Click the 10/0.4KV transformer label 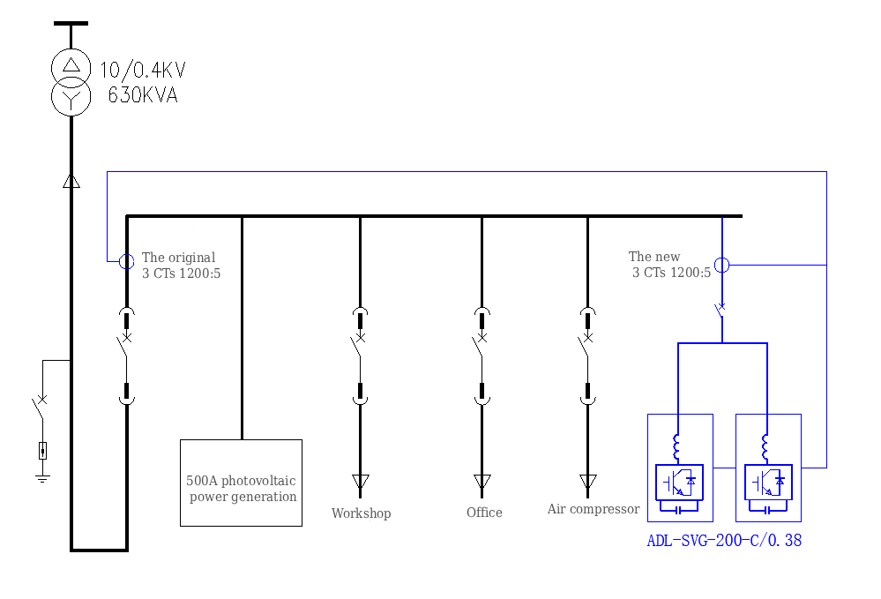coord(142,71)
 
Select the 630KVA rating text coord(142,95)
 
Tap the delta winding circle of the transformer coord(71,65)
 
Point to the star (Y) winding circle coord(71,96)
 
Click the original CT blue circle coord(126,261)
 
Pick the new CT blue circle coord(721,265)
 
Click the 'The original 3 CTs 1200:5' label coord(181,266)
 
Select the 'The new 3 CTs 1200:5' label coord(669,265)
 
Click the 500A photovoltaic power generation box coord(241,483)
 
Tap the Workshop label coord(361,513)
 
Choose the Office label coord(484,513)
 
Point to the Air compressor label coord(593,509)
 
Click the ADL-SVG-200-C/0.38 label coord(724,541)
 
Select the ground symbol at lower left coord(42,478)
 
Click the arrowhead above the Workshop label coord(360,482)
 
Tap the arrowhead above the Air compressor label coord(587,482)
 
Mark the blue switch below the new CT coord(720,308)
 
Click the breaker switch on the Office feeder coord(481,347)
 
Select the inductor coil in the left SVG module coord(677,447)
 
